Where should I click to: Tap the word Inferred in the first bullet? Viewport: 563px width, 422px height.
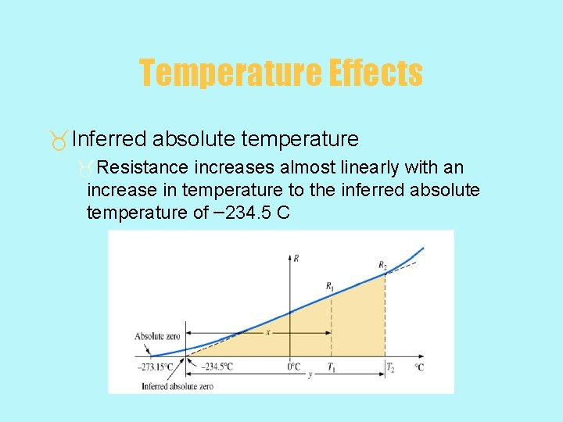(109, 139)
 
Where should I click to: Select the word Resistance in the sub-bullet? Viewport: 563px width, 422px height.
(143, 168)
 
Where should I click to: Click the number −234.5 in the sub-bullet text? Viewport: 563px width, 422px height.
(242, 212)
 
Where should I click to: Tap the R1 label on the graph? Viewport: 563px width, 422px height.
(331, 285)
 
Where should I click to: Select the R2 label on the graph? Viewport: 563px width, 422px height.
(382, 266)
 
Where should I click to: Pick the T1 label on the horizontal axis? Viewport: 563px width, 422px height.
(332, 367)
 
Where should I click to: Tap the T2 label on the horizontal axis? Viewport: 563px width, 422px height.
(389, 367)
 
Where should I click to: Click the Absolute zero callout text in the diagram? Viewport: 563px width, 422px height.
(158, 336)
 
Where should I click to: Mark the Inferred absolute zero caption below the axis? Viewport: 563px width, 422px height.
(178, 386)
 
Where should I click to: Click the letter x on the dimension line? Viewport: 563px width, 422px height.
(268, 332)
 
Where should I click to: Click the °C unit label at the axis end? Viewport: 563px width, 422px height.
(419, 367)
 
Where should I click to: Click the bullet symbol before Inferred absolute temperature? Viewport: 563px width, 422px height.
(59, 141)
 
